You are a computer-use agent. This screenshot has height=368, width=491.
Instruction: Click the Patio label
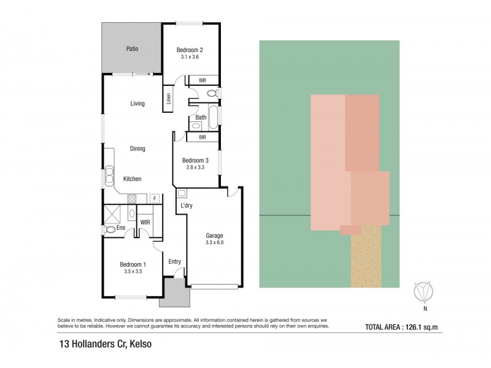131,48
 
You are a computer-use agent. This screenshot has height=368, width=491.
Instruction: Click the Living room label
137,104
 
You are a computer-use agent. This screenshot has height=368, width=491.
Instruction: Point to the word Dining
137,148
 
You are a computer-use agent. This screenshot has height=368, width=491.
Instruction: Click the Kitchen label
133,179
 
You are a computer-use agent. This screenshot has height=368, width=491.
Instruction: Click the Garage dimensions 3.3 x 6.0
214,243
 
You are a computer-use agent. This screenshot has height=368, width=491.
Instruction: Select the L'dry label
186,205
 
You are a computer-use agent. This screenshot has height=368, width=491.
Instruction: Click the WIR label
145,222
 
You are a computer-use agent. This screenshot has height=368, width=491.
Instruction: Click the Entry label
175,262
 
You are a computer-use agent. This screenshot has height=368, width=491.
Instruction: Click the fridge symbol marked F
154,198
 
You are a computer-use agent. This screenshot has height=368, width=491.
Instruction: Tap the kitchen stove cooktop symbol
131,198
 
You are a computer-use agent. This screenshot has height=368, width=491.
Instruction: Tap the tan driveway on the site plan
367,256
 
